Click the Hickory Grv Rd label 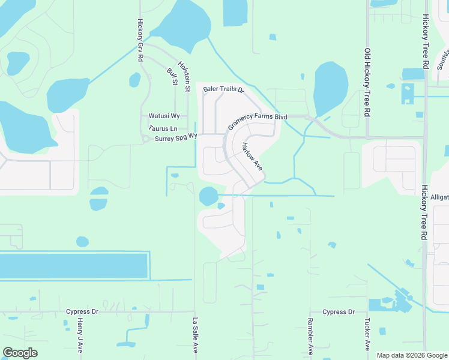(x=140, y=40)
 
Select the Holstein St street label (x=184, y=76)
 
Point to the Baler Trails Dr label (x=223, y=89)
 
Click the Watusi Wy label (x=163, y=116)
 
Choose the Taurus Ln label (x=163, y=128)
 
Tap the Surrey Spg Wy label (x=176, y=137)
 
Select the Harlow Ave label (x=253, y=155)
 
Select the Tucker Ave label (x=366, y=334)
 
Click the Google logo (x=20, y=353)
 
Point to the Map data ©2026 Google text (x=412, y=355)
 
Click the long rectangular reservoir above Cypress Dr (x=73, y=265)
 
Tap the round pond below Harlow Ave (x=208, y=196)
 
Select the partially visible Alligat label (x=439, y=197)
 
